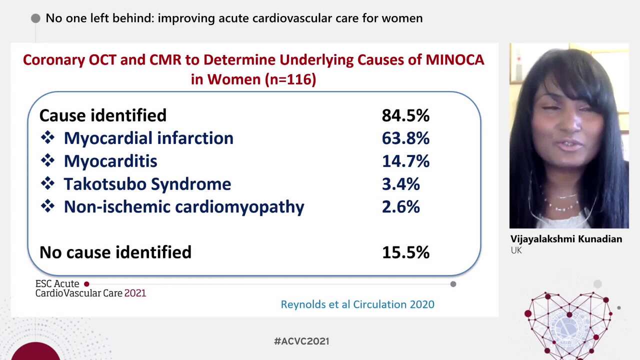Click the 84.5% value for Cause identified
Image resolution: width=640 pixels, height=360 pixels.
pos(405,115)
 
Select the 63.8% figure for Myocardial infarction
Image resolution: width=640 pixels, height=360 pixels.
pos(405,138)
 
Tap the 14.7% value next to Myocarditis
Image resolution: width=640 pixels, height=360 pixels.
pos(405,161)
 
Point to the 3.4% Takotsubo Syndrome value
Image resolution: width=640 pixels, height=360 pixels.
pos(400,184)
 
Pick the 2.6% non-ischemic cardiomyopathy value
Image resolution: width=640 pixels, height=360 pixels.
pos(400,207)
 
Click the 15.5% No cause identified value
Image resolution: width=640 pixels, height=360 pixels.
pos(405,252)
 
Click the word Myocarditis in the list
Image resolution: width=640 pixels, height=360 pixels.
pos(110,161)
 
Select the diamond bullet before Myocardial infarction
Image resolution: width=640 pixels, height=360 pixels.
pos(47,138)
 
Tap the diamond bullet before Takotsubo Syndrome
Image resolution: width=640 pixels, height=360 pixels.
pos(47,183)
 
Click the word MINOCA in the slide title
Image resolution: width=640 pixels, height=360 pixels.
pos(454,60)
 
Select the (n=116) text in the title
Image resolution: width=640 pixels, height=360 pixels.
pos(291,79)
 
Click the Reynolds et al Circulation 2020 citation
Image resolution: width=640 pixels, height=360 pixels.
pos(357,304)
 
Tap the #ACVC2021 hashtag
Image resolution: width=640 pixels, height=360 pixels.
pos(301,341)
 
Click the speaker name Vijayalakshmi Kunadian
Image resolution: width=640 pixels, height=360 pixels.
pos(566,239)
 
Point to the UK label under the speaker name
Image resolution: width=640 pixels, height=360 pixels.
pos(516,250)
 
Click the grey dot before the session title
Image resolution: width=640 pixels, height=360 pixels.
pos(35,18)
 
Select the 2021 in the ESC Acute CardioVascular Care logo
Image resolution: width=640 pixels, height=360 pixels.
pos(135,293)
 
